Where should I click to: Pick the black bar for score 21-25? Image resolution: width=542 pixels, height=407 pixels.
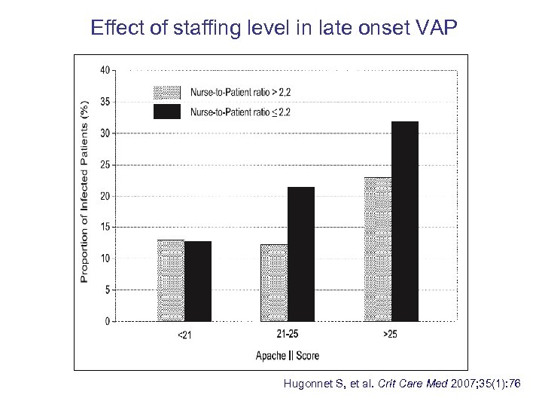pyautogui.click(x=301, y=254)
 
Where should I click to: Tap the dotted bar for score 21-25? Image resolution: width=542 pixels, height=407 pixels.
pyautogui.click(x=274, y=283)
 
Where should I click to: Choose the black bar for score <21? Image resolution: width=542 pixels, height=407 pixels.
pyautogui.click(x=198, y=281)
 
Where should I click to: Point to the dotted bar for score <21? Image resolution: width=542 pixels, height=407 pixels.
pyautogui.click(x=171, y=280)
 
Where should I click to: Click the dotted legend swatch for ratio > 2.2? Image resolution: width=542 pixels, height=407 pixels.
pyautogui.click(x=167, y=93)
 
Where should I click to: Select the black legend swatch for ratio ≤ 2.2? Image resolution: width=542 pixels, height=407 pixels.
pyautogui.click(x=167, y=112)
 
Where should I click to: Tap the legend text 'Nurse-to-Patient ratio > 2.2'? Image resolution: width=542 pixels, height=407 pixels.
pyautogui.click(x=240, y=93)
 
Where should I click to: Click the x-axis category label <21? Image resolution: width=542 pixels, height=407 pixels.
pyautogui.click(x=184, y=335)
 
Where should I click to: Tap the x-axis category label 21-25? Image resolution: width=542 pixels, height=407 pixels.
pyautogui.click(x=288, y=334)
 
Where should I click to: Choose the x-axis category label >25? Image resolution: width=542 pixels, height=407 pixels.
pyautogui.click(x=390, y=334)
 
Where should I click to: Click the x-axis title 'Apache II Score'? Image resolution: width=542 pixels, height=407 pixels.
pyautogui.click(x=287, y=356)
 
